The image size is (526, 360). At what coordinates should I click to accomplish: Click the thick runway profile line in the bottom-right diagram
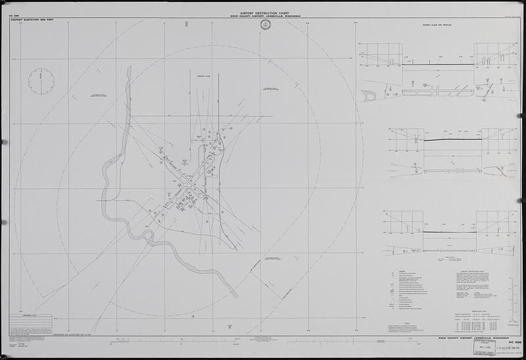point(448,232)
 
